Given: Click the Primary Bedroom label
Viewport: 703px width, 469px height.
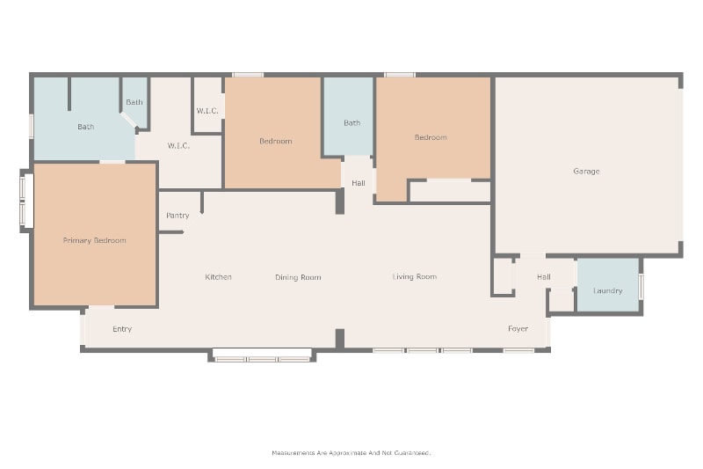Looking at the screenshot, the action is pos(95,240).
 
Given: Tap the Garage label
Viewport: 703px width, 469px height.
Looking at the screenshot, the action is pos(586,171).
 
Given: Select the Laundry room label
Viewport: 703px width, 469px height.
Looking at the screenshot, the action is pos(607,291).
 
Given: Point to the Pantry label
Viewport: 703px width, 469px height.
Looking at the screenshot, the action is pos(178,216).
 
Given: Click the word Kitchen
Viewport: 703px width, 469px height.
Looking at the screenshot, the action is pos(218,277).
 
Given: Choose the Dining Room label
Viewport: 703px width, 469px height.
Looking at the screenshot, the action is pos(298,277).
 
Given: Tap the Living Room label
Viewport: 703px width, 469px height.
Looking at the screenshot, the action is pos(415,277).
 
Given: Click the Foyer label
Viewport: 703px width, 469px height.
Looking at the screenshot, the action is pos(518,329).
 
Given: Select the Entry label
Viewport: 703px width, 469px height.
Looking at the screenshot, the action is pos(122,329).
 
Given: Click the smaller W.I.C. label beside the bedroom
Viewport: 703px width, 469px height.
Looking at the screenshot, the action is pos(207,111).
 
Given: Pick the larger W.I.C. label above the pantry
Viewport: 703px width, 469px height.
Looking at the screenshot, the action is pos(178,146).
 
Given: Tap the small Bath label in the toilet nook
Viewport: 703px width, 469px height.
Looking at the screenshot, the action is pos(134,102).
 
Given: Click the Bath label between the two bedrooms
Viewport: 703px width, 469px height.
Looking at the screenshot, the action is pos(352,123).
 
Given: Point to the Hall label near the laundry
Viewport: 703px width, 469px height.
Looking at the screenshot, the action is pos(544,277).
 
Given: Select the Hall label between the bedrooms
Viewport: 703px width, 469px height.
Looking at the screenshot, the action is pos(359,183).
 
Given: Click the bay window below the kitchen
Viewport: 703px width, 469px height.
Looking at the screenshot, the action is pos(262,355).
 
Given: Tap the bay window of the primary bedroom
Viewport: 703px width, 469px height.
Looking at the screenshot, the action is pos(26,201).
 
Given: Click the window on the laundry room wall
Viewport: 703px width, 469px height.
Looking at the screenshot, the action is pos(641,286).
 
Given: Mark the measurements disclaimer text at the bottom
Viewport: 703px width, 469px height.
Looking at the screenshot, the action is pos(351,453).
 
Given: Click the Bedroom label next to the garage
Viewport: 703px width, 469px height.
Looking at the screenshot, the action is pos(431,137).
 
